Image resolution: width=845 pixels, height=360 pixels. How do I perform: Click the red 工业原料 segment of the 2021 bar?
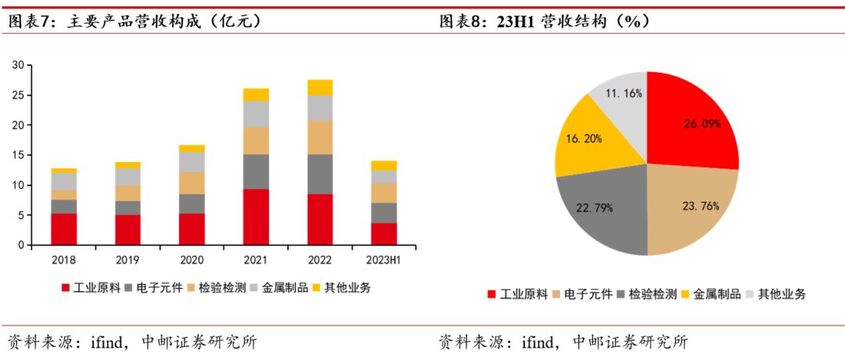[255, 217]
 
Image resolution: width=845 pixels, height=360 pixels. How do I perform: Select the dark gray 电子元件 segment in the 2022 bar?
[320, 174]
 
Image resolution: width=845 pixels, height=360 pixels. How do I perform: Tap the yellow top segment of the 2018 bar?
[64, 170]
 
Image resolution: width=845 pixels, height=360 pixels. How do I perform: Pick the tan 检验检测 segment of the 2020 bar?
[192, 183]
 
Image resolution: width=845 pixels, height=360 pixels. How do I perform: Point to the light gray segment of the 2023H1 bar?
[384, 176]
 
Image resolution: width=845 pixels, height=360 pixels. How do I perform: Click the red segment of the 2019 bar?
[128, 229]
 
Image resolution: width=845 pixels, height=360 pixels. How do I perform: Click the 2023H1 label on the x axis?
[384, 259]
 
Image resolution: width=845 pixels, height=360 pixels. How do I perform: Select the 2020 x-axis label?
[192, 259]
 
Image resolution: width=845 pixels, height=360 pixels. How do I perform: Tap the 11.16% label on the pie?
[623, 93]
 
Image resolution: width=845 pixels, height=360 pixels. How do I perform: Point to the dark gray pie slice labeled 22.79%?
[602, 210]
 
